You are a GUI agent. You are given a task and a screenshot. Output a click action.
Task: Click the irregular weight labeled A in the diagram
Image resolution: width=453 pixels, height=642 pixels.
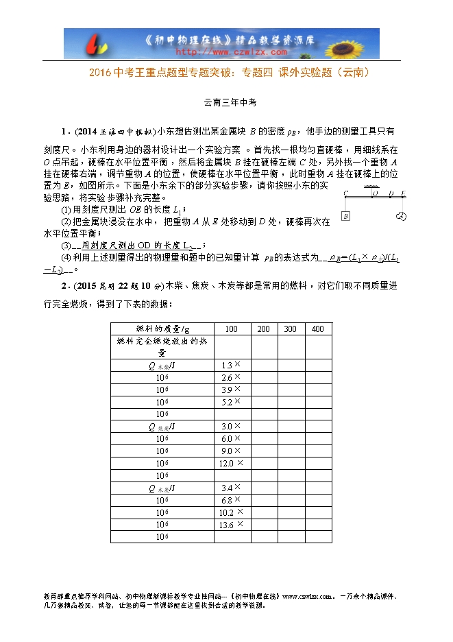coord(402,217)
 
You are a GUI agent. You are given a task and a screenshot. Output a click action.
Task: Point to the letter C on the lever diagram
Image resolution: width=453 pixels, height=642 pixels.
coord(346,193)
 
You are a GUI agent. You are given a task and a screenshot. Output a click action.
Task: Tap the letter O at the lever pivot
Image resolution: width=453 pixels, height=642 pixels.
coord(374,193)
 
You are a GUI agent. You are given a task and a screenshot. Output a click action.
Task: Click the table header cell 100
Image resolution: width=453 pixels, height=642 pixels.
coord(232,329)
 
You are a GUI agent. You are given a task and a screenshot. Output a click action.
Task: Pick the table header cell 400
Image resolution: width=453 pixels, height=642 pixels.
coord(317,329)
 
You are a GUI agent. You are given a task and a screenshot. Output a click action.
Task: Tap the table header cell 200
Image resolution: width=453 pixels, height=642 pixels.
coord(263,329)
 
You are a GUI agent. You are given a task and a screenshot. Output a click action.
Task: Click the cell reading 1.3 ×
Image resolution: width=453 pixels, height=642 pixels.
coord(231,366)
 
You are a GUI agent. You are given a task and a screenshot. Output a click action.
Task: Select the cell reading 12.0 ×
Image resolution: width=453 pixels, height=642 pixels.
coord(231,464)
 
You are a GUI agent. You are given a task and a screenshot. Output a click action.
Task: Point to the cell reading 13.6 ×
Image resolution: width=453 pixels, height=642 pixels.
coord(231,525)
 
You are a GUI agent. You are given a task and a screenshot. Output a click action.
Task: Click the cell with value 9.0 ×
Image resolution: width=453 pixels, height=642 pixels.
coord(231,451)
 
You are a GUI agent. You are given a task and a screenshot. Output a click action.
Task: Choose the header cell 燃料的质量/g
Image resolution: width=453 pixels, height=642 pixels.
coord(162,329)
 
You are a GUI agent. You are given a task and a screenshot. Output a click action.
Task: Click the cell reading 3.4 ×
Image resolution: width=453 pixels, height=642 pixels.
coord(231,488)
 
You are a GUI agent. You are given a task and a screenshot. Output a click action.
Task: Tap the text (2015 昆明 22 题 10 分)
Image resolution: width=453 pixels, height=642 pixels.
coord(117,286)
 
